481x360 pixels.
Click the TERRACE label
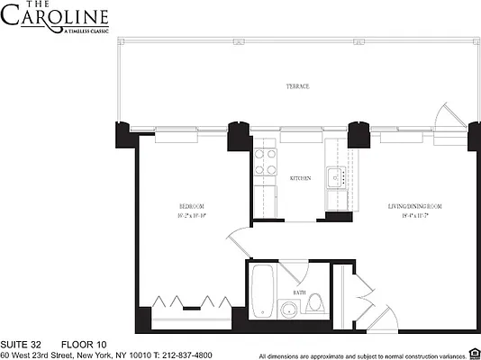pyautogui.click(x=299, y=86)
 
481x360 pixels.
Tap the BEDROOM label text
pyautogui.click(x=192, y=207)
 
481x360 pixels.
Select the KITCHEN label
pyautogui.click(x=300, y=178)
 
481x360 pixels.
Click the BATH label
pyautogui.click(x=298, y=293)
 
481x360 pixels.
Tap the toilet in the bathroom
pyautogui.click(x=314, y=303)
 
